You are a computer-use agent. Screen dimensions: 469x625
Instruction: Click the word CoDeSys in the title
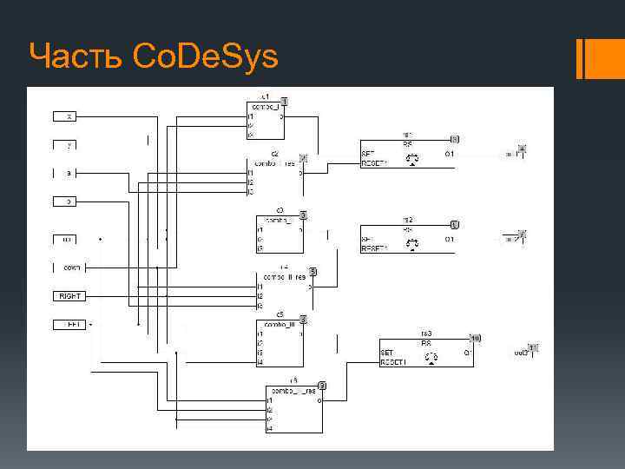click(206, 57)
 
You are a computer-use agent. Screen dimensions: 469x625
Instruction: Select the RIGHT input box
click(69, 296)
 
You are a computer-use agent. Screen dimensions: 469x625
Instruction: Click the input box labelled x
click(69, 116)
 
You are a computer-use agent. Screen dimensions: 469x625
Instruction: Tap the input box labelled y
click(69, 144)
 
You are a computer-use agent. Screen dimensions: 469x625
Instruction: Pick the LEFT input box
click(69, 325)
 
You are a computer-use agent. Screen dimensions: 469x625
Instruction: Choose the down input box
click(69, 267)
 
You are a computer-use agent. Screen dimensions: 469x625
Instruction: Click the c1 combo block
click(265, 120)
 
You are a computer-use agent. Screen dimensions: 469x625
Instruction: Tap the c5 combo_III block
click(280, 344)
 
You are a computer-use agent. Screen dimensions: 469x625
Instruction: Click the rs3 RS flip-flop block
click(426, 353)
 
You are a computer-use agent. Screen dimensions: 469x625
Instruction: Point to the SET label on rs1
click(368, 154)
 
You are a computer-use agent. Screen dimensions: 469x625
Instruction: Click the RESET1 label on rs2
click(374, 248)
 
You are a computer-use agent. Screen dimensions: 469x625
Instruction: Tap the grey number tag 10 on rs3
click(475, 337)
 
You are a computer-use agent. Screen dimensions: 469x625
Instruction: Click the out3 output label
click(520, 353)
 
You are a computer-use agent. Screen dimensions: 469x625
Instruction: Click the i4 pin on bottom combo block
click(270, 428)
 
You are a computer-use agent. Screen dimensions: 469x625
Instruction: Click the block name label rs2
click(406, 219)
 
